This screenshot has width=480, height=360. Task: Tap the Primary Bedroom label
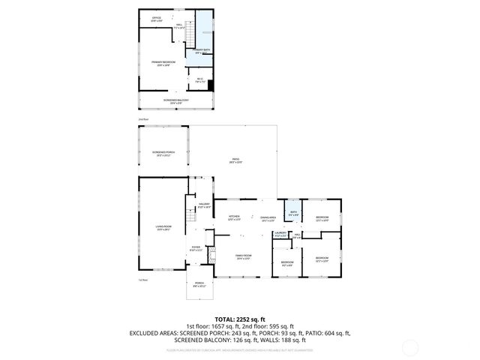(163, 64)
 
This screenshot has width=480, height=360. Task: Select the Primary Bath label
(202, 51)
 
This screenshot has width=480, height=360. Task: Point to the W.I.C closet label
(201, 79)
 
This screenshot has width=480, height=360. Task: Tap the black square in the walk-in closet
(211, 84)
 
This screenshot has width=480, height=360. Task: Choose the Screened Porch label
(163, 154)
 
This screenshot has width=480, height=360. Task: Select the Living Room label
(163, 229)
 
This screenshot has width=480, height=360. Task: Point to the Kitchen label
(234, 218)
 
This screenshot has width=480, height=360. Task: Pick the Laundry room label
(280, 235)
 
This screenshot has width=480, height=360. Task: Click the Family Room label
(242, 257)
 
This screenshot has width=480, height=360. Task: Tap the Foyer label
(196, 248)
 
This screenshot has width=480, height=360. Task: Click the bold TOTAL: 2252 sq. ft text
(240, 319)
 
